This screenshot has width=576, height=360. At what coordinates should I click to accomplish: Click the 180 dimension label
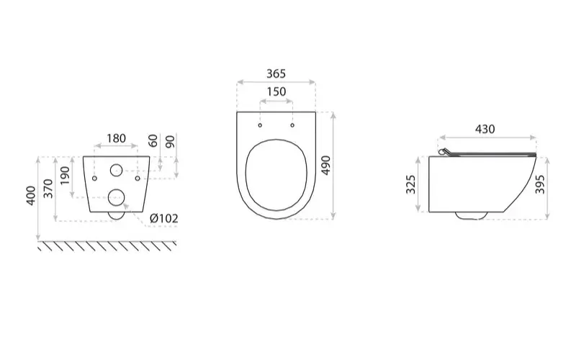coord(116,138)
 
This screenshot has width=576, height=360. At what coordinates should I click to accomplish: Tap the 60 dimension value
coord(153,140)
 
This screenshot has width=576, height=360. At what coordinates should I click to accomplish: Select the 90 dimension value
coord(170,142)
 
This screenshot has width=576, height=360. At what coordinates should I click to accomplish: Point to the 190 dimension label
coord(65,176)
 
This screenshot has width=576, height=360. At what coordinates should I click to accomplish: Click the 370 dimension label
coord(48,189)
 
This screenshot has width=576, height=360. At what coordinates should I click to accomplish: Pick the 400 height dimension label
coord(31,196)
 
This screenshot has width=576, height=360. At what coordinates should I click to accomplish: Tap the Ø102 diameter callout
coord(164,219)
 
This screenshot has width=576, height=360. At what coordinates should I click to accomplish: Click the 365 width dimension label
coord(276,74)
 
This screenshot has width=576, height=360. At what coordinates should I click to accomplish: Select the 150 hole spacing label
coord(276,91)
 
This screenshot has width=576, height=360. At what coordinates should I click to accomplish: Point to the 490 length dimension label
coord(325,166)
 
